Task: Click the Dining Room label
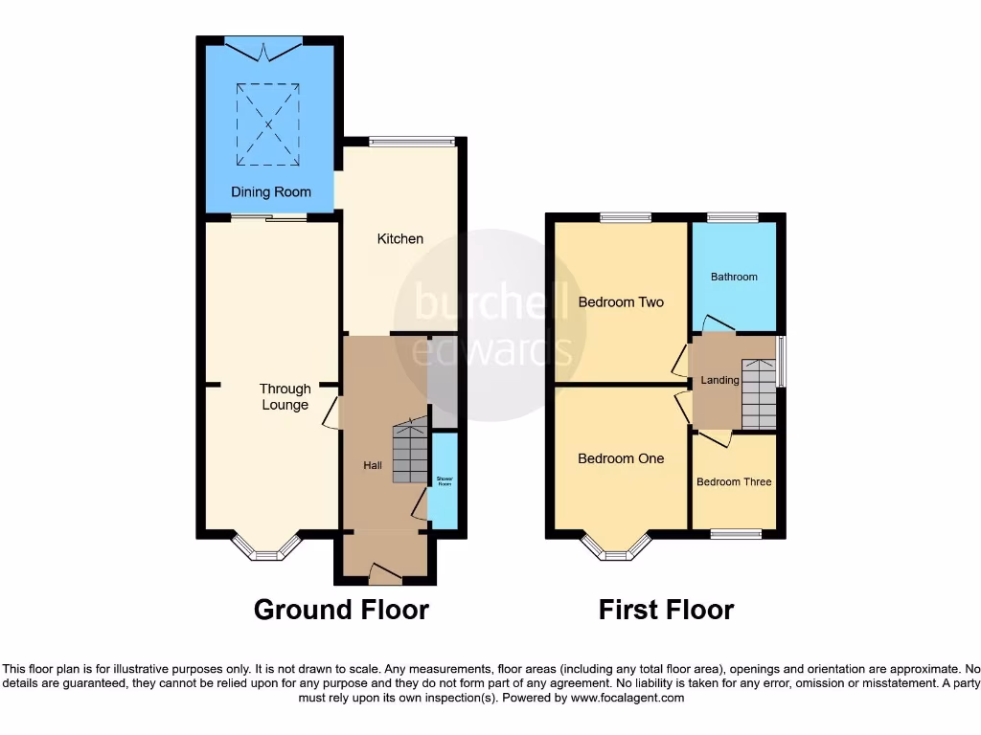click(x=271, y=192)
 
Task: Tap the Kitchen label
click(x=399, y=238)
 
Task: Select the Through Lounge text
click(x=285, y=396)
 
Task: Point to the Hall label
click(x=373, y=465)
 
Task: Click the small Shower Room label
click(x=444, y=481)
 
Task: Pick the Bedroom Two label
click(x=621, y=302)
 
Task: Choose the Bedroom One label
click(x=621, y=458)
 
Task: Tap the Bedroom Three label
click(x=734, y=482)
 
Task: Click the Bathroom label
click(x=734, y=278)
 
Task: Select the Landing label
click(x=719, y=380)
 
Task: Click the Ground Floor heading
click(x=341, y=610)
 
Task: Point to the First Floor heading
click(x=666, y=610)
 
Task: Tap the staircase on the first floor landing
click(x=759, y=394)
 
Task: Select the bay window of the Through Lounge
click(x=267, y=548)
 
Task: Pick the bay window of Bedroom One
click(x=615, y=548)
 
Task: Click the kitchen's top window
click(x=412, y=143)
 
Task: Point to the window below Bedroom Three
click(x=736, y=534)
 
